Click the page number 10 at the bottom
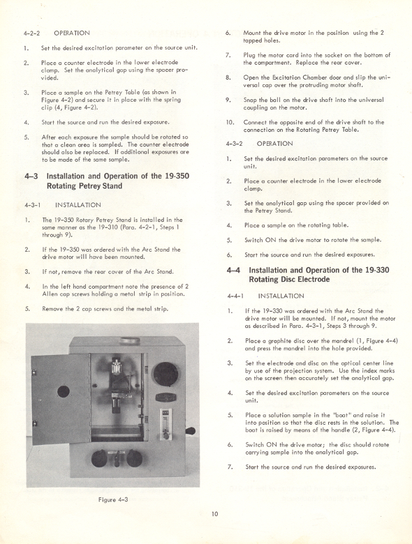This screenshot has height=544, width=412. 216,514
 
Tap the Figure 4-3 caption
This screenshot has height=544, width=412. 110,499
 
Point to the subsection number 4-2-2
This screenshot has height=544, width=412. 32,33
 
